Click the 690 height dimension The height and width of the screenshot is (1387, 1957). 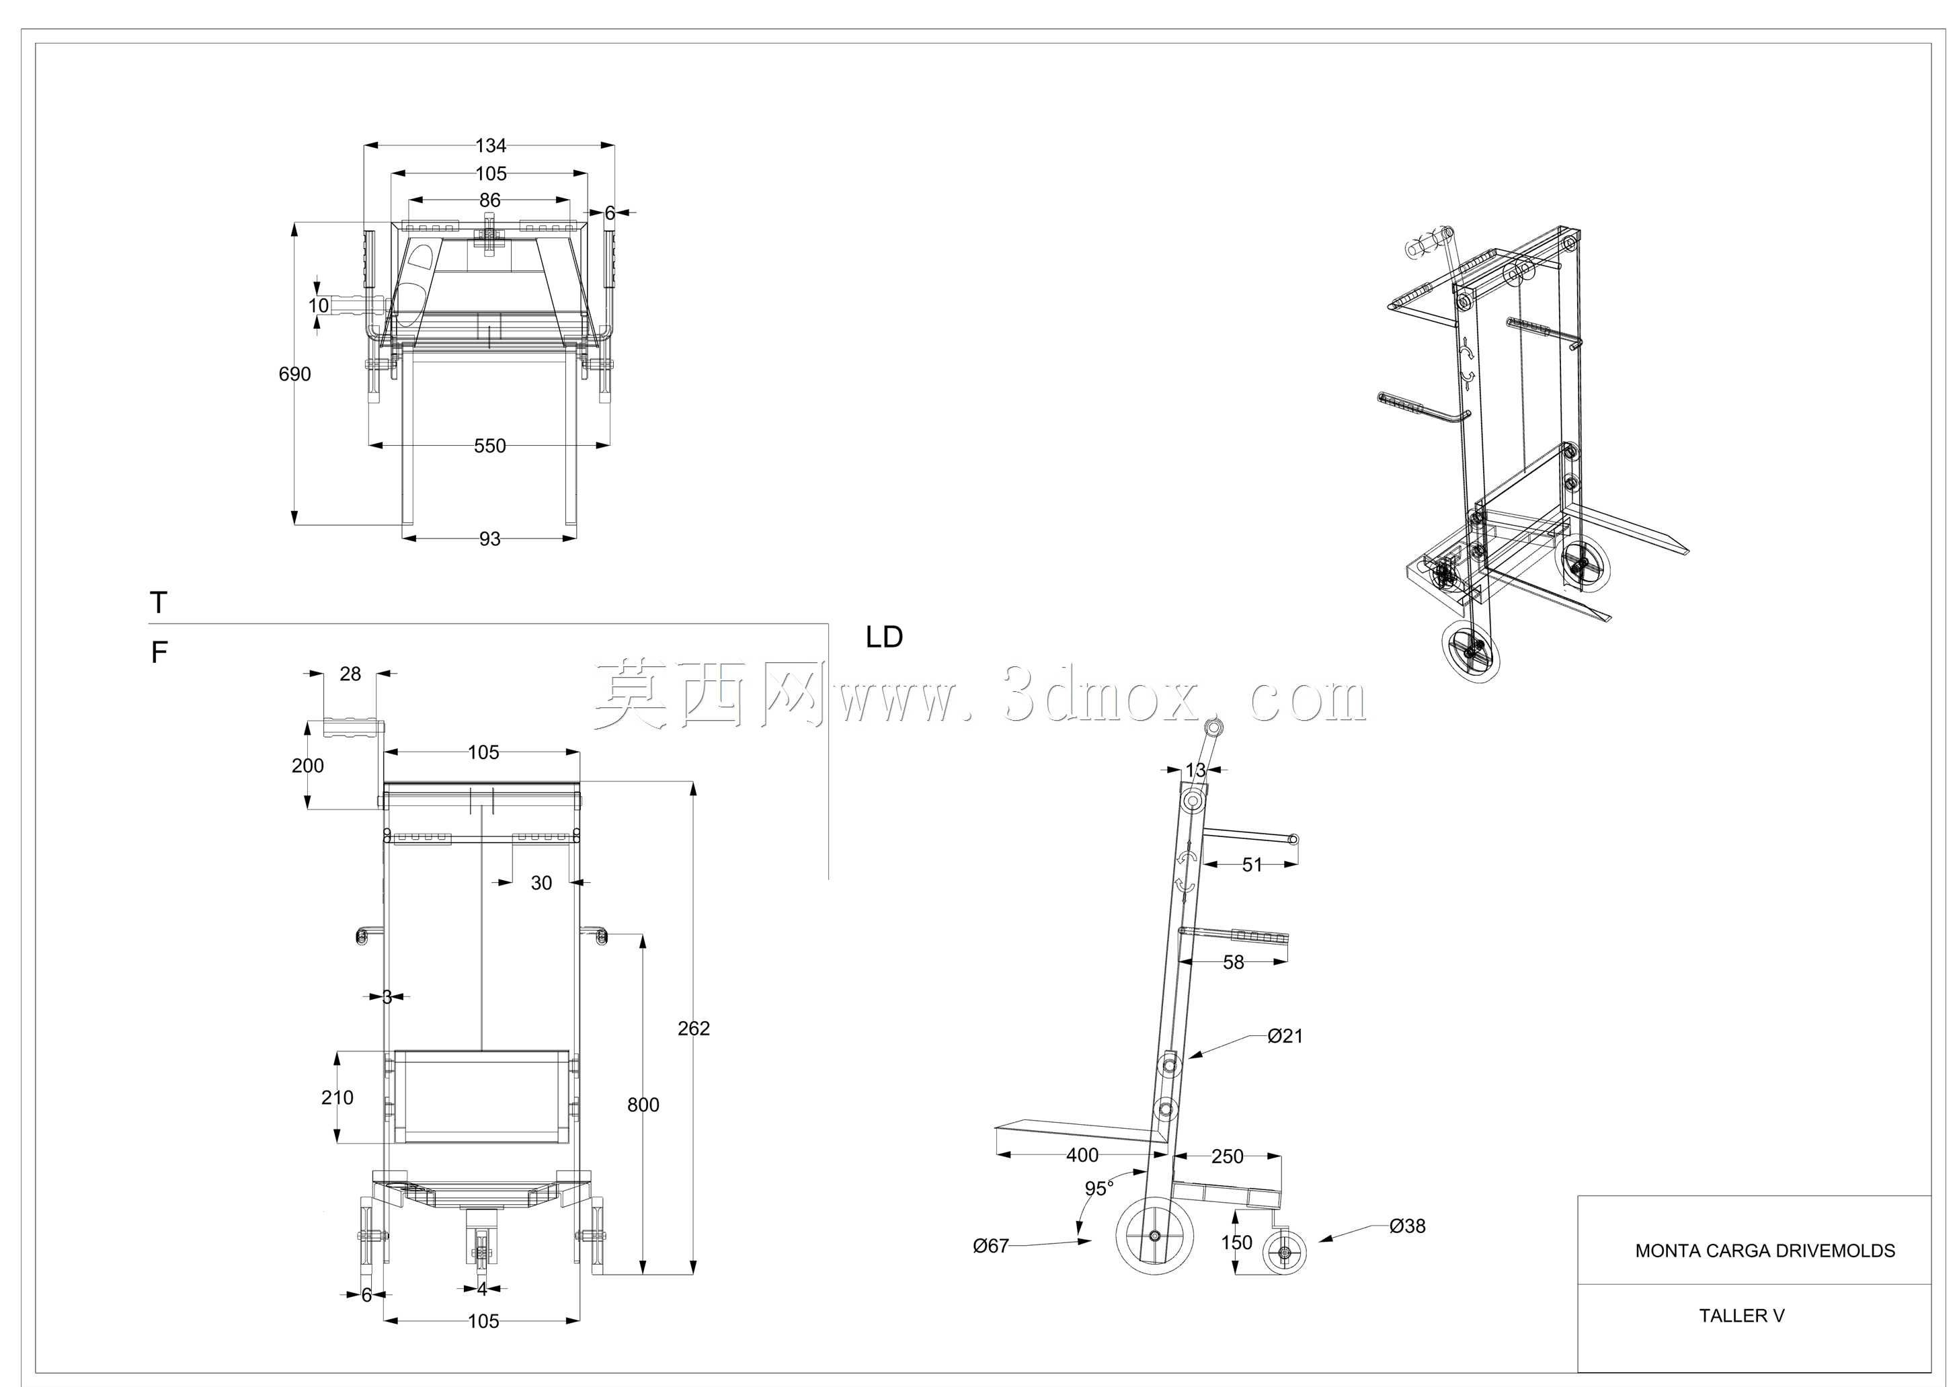pos(294,374)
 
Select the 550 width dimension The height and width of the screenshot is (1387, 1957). pos(489,446)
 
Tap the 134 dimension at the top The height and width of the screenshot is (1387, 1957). pos(491,146)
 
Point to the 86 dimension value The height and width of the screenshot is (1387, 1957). pos(489,200)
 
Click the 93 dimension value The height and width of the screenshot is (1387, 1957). pos(489,539)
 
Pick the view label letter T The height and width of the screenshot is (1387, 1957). pos(159,603)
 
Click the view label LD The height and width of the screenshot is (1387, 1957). pos(884,637)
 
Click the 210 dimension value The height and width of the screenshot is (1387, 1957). pos(337,1097)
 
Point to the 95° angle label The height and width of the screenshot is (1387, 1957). pos(1099,1189)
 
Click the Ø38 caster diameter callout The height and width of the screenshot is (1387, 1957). pos(1407,1226)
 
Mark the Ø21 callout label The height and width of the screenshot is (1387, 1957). pos(1285,1036)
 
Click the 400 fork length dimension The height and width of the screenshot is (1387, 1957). pos(1082,1156)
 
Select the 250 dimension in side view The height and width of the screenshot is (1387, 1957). pos(1227,1156)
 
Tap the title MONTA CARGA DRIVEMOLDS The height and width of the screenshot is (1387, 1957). pos(1765,1251)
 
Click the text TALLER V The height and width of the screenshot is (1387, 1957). pos(1742,1316)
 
